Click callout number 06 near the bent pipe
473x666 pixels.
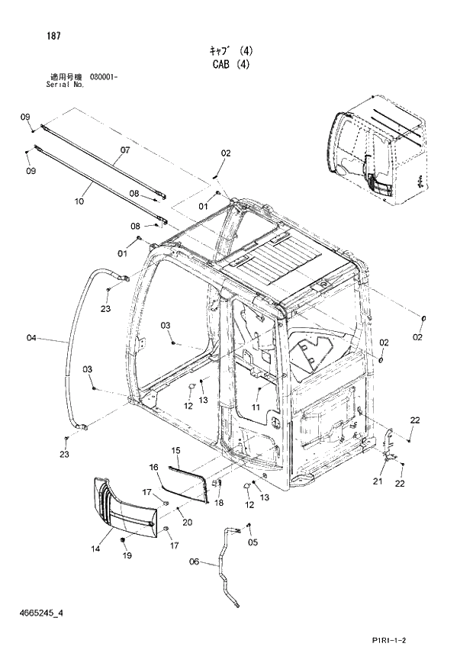[x=194, y=562]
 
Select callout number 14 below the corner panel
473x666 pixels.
[x=96, y=549]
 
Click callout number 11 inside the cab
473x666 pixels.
[x=256, y=408]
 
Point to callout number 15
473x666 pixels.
[x=175, y=452]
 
